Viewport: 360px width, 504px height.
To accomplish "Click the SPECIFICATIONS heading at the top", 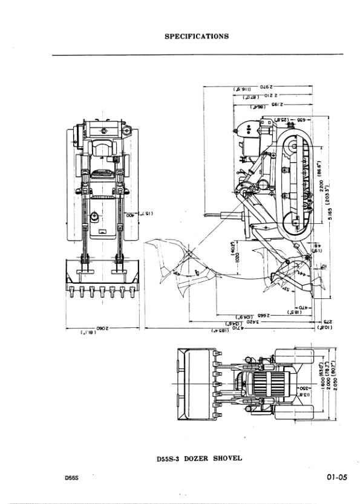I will [x=197, y=36].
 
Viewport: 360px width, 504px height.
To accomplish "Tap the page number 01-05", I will [x=335, y=477].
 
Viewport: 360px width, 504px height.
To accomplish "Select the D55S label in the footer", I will [x=72, y=478].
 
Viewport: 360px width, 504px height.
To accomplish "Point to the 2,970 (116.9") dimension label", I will [x=254, y=88].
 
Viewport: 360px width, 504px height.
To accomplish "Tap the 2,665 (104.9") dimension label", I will [x=254, y=316].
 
